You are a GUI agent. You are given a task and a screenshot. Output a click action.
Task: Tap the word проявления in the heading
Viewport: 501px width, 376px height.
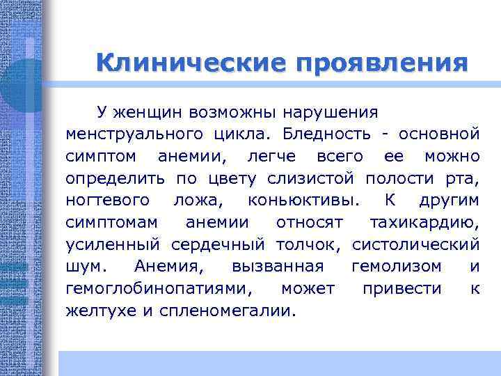pos(381,63)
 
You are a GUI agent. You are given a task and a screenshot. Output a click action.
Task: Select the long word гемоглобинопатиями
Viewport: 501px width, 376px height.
pos(160,289)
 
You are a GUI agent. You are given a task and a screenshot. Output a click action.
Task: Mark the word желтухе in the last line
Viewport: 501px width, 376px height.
pos(101,311)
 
